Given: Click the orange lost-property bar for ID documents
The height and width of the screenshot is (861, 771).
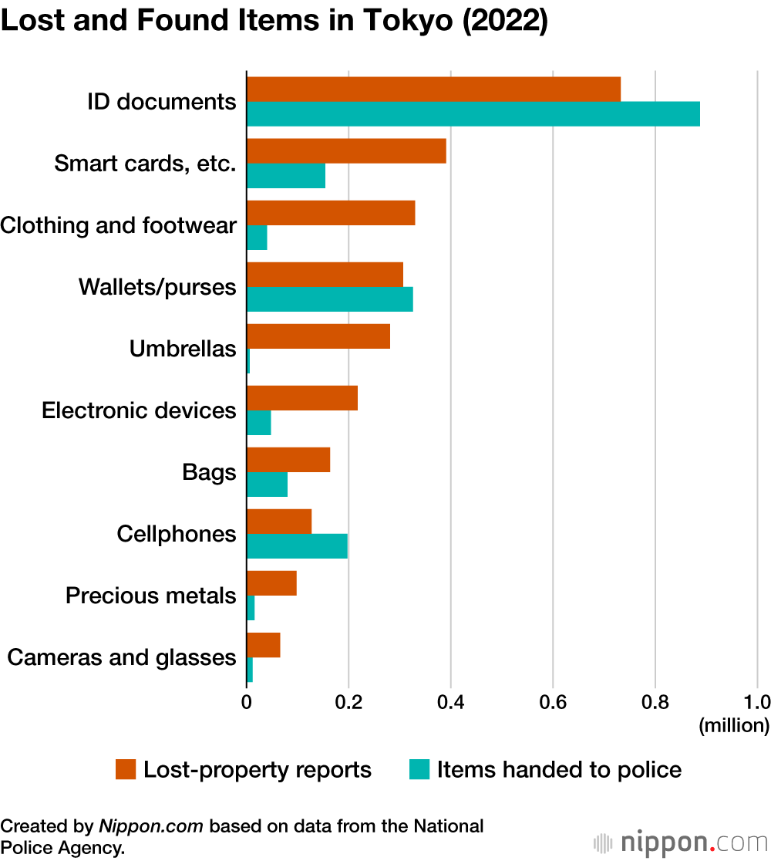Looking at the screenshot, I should pos(433,89).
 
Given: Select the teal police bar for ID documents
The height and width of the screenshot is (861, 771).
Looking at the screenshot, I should pos(473,114).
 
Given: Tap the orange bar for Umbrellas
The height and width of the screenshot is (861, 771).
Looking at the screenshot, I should pos(318,336).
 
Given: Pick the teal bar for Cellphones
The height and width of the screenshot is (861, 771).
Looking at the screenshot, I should pos(297,546).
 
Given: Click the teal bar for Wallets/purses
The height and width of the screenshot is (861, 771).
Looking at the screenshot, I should pos(329,299).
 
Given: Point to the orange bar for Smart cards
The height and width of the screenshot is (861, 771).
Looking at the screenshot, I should pos(346,151).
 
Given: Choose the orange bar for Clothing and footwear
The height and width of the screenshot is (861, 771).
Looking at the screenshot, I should pos(331,213).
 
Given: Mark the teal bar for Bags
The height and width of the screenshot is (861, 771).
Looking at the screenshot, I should pos(267,485).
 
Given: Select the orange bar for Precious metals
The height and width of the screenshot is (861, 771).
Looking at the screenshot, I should pos(271,583).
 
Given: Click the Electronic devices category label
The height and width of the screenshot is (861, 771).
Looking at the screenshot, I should pos(139,410).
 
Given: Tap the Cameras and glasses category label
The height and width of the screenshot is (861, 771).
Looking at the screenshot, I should pos(121,657).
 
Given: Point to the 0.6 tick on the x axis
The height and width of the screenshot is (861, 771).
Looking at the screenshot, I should pos(553,702).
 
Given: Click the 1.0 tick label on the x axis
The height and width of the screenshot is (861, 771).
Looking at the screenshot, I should pos(756,702).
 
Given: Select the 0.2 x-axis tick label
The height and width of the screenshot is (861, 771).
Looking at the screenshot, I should pos(348,702).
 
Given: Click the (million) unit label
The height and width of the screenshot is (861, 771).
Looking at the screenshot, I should pos(733,725).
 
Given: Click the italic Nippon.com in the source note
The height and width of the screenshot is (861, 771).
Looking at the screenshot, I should pos(151,826).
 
